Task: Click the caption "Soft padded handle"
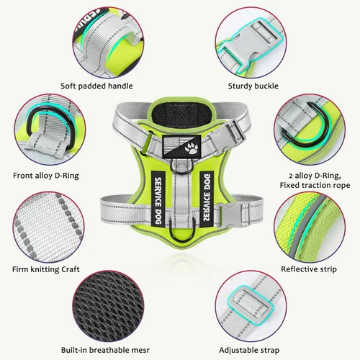point(96,86)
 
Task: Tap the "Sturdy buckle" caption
point(253,86)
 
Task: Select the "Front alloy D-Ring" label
point(46,176)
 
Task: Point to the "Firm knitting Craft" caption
point(46,269)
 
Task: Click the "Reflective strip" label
point(309,269)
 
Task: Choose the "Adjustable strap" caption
point(249,350)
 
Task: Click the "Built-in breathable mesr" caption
point(105,350)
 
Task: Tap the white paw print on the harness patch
point(192,148)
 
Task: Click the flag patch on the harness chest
point(181,147)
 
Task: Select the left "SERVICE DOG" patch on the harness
point(158,199)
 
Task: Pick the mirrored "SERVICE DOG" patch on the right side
point(207,199)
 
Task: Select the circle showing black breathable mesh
point(108,306)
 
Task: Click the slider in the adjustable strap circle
point(251,302)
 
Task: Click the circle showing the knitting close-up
point(48,227)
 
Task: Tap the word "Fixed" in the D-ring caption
point(289,185)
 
